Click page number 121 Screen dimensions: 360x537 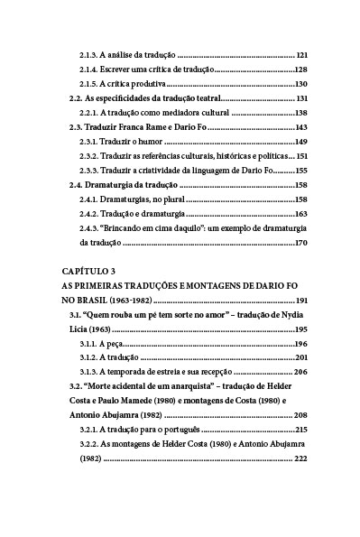coord(301,55)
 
